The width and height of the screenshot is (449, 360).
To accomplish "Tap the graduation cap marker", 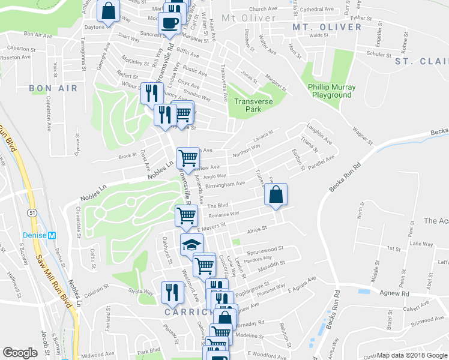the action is point(192,244).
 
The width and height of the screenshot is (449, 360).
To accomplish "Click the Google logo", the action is point(20,353).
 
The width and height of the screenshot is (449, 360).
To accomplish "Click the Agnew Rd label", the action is point(394,293).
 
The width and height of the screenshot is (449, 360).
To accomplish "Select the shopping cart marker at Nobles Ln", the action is point(188,158).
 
